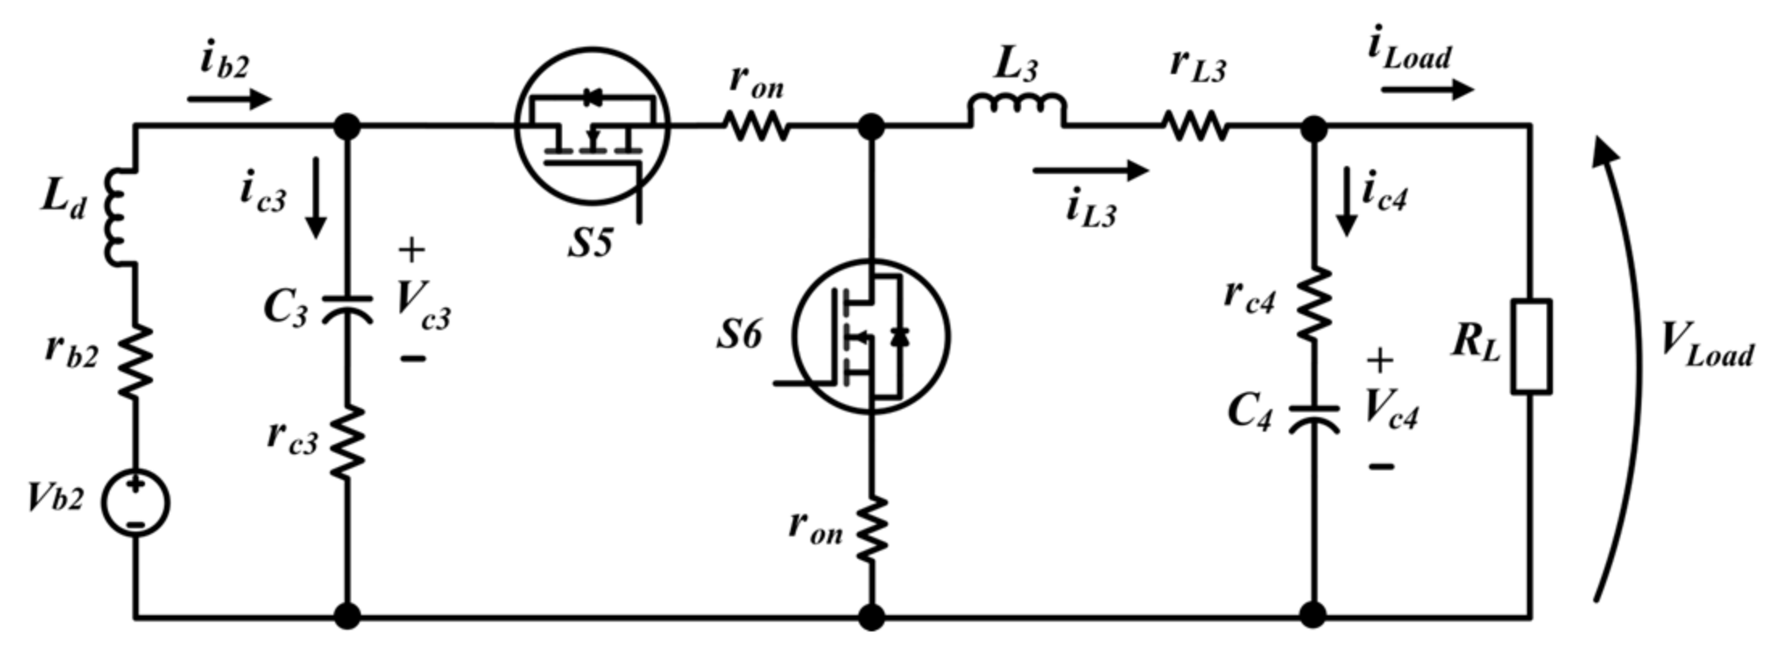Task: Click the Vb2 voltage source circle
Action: [x=135, y=502]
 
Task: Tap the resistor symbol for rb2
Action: [x=135, y=362]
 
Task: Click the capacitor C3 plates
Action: [x=347, y=308]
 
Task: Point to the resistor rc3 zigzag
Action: [x=347, y=443]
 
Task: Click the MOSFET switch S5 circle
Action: [x=592, y=126]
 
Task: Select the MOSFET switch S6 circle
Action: [x=871, y=336]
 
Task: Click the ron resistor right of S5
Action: [x=756, y=126]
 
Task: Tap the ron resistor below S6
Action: [x=872, y=529]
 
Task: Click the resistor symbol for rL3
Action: [x=1195, y=126]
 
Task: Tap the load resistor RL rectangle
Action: [x=1530, y=346]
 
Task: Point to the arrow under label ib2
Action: [x=230, y=99]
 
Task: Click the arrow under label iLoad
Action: [x=1426, y=89]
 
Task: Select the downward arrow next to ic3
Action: [x=317, y=198]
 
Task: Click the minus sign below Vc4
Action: [x=1381, y=465]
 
